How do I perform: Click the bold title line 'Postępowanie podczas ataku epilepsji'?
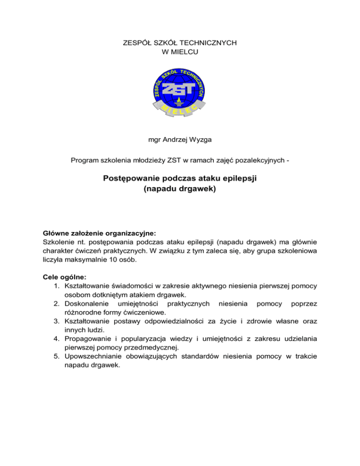180,179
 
